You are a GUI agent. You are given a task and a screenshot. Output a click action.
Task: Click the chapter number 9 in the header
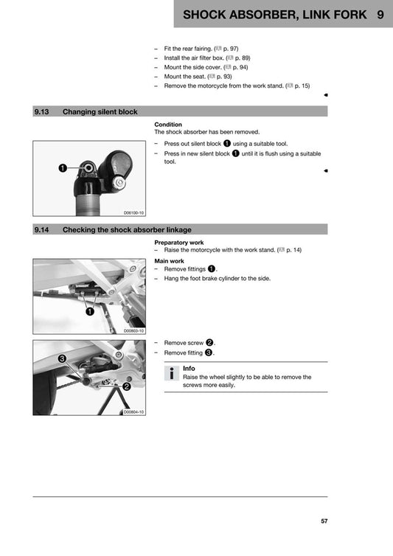point(379,15)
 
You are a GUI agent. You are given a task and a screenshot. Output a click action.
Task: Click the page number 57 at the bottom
point(324,521)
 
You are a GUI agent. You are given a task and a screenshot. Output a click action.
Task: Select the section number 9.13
point(41,111)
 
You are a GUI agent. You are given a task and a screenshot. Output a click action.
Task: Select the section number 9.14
point(41,229)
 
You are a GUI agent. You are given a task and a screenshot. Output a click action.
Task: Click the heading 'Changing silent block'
point(100,111)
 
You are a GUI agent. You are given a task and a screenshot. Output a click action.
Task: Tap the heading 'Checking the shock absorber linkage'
point(127,229)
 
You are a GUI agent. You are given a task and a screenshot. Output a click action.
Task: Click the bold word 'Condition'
point(168,125)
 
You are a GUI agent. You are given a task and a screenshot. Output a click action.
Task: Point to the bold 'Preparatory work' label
point(179,243)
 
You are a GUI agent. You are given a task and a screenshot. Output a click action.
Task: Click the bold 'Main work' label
point(170,261)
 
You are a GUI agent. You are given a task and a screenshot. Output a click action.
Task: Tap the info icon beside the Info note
point(171,372)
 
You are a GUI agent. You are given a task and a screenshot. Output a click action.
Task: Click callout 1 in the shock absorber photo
point(63,168)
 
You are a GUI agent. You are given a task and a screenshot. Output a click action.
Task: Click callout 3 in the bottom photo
point(63,358)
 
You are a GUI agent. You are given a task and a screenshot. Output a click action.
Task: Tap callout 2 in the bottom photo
point(127,386)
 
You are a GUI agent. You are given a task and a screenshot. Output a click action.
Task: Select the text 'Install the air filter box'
point(193,57)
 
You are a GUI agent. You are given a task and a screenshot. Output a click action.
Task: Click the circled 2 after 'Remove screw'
point(209,343)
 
